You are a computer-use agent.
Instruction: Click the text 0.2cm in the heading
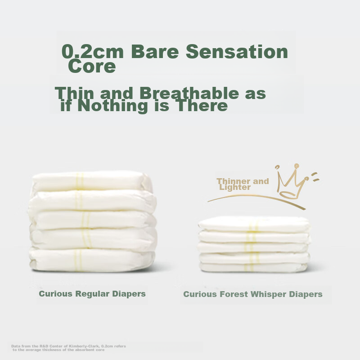pos(93,52)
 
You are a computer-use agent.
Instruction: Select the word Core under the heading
pos(92,67)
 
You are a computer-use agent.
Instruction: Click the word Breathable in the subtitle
pos(189,94)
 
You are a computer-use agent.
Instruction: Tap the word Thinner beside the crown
pos(233,181)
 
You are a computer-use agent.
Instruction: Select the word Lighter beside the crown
pos(235,188)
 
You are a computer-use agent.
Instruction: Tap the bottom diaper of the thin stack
pos(254,267)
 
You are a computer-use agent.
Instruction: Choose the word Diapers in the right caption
pos(306,294)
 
